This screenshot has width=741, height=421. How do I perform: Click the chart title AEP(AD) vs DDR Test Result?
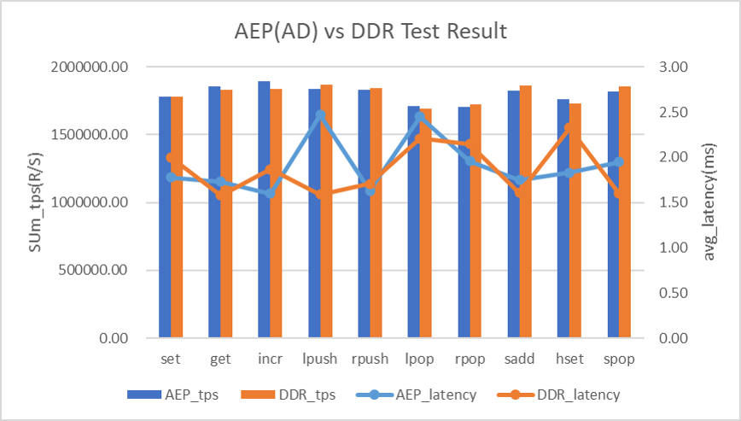coord(370,32)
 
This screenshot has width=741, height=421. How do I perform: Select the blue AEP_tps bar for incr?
coord(265,209)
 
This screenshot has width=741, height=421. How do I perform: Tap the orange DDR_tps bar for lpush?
coord(326,211)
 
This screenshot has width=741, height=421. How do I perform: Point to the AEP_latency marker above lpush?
coord(320,114)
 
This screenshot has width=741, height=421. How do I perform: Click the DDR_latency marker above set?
coord(171,157)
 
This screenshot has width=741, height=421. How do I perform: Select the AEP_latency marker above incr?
coord(271,194)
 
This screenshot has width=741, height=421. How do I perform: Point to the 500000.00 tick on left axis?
coord(97,271)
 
